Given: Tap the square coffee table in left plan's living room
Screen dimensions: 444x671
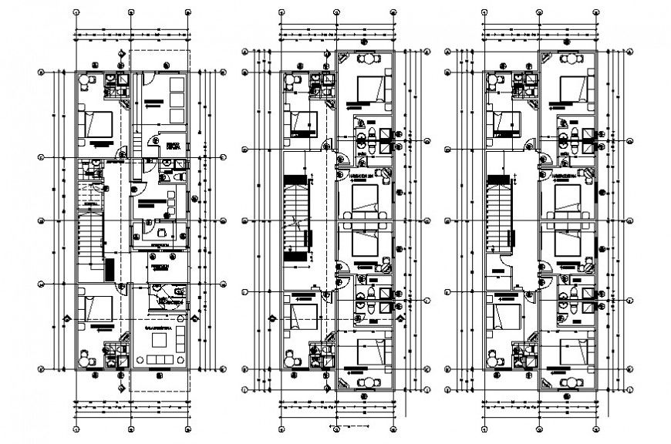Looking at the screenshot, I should point(160,340).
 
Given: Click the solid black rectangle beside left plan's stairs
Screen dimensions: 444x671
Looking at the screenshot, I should point(110,270).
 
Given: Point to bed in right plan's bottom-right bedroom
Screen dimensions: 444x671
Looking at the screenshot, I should point(573,349).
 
